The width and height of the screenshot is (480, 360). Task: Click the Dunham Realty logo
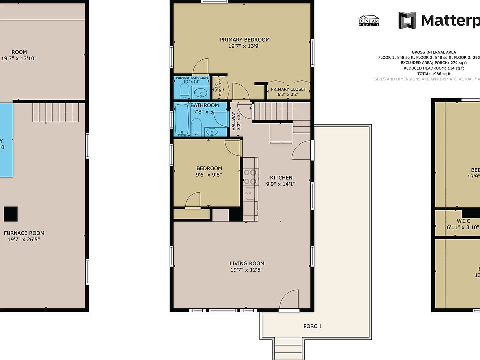pyautogui.click(x=369, y=20)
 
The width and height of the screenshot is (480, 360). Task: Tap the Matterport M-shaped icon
pyautogui.click(x=407, y=20)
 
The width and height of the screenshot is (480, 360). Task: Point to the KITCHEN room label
pyautogui.click(x=281, y=178)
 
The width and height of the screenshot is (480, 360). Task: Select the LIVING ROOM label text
pyautogui.click(x=247, y=263)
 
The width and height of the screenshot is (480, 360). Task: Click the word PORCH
pyautogui.click(x=312, y=326)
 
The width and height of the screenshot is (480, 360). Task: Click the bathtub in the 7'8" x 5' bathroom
pyautogui.click(x=180, y=120)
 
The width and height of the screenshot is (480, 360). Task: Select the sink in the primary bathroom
pyautogui.click(x=202, y=92)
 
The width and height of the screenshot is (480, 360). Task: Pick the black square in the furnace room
pyautogui.click(x=11, y=214)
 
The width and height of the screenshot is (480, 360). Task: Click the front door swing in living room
pyautogui.click(x=289, y=301)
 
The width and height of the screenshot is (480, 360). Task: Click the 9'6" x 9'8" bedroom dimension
pyautogui.click(x=209, y=175)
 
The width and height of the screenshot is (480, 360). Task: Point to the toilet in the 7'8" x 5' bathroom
pyautogui.click(x=196, y=126)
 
